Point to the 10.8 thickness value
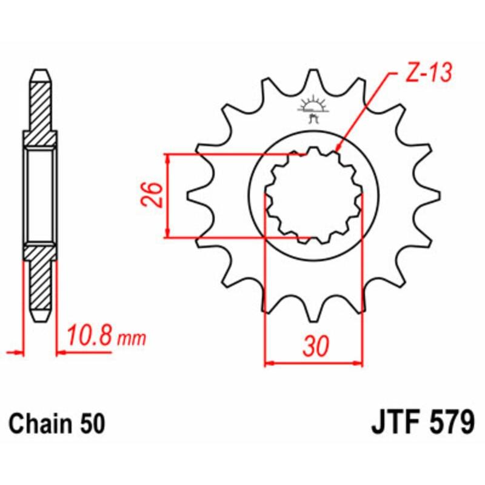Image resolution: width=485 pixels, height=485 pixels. coord(88,336)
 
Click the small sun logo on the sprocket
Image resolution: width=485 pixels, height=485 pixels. coord(313,104)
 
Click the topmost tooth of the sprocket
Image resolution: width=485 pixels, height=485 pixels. coord(313,76)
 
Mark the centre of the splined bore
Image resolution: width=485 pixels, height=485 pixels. coord(313,196)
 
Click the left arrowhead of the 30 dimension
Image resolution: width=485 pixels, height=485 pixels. coord(269,364)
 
